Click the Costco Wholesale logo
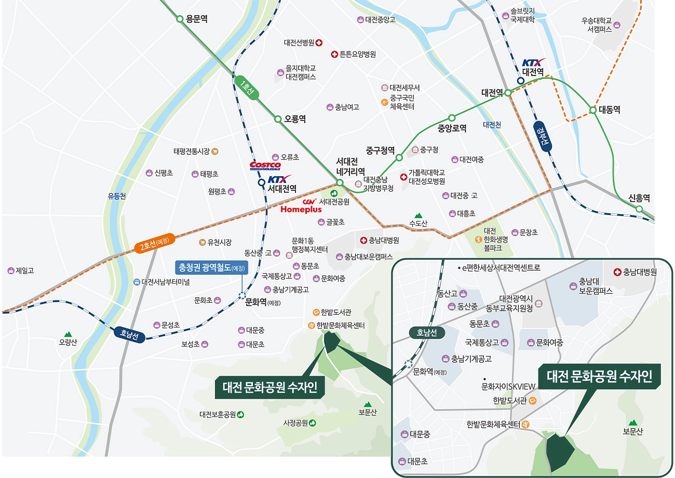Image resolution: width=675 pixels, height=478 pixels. [x=265, y=165]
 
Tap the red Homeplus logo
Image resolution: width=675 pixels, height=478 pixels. [x=301, y=209]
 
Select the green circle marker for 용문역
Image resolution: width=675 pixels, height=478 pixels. [x=180, y=19]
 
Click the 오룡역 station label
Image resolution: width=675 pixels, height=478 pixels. [x=294, y=119]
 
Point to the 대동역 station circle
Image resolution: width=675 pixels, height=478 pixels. [x=592, y=110]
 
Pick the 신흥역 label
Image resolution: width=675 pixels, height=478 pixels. [x=639, y=198]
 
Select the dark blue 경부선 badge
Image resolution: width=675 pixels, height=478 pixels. [x=544, y=136]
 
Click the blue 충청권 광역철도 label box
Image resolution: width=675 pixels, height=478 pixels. [x=211, y=268]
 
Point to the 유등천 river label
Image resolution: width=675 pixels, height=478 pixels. [x=117, y=196]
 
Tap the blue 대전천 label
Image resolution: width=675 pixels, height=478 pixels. [x=492, y=125]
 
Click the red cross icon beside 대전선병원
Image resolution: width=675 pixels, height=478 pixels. [x=319, y=43]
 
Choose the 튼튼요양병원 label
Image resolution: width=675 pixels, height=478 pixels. [x=357, y=54]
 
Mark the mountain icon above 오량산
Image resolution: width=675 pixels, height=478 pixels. [x=67, y=334]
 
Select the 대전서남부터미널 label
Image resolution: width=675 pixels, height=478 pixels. [x=165, y=282]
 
